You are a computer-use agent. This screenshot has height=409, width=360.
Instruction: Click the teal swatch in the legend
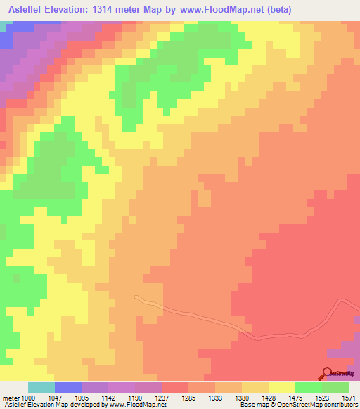[x=41, y=387]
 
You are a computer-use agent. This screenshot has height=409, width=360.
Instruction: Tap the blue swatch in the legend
[x=67, y=387]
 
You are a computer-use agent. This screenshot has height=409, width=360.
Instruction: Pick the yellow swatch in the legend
[x=281, y=387]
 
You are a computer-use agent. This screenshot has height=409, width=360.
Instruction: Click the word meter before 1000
[x=12, y=397]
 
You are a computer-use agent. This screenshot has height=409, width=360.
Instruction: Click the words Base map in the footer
[x=252, y=405]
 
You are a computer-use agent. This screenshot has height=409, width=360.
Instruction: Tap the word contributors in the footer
[x=339, y=405]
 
